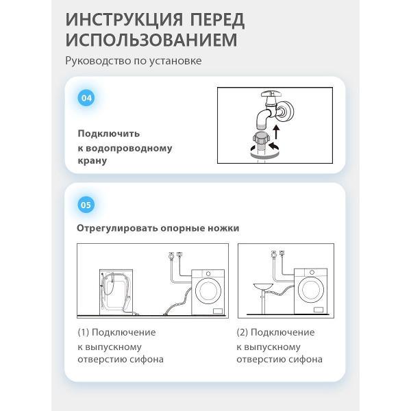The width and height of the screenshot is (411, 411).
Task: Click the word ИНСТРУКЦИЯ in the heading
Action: tap(124, 20)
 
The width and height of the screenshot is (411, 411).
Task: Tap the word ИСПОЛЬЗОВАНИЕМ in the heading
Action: tap(151, 40)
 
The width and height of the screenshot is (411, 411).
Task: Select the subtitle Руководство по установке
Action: tap(134, 61)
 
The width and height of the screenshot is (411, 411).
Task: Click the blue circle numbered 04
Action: tap(86, 98)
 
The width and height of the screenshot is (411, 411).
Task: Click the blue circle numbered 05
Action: tap(86, 205)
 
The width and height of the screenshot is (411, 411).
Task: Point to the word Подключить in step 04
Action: tap(109, 134)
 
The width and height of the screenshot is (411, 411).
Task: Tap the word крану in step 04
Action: tap(92, 160)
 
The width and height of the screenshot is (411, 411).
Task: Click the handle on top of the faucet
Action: tap(271, 93)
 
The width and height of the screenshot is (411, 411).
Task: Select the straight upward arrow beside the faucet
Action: tap(276, 132)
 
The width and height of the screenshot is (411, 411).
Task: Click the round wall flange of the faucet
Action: tap(286, 111)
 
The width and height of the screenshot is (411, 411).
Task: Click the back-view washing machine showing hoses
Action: tap(116, 292)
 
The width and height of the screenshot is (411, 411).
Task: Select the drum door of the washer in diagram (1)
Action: tap(208, 291)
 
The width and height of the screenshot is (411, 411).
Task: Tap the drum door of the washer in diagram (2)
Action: tap(311, 290)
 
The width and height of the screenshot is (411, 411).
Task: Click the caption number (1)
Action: tap(84, 332)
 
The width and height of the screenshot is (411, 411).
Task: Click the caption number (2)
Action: tap(242, 332)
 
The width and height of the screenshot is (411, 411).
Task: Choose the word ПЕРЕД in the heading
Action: tap(217, 20)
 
